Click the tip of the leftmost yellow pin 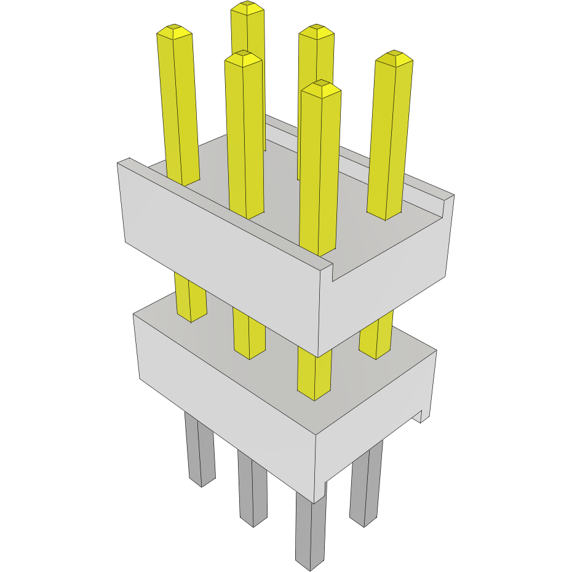click(x=173, y=30)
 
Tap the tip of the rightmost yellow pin click(x=394, y=57)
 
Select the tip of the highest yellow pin click(x=247, y=7)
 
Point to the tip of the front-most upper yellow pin click(x=321, y=87)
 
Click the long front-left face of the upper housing click(x=221, y=246)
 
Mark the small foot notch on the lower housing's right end click(x=421, y=417)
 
